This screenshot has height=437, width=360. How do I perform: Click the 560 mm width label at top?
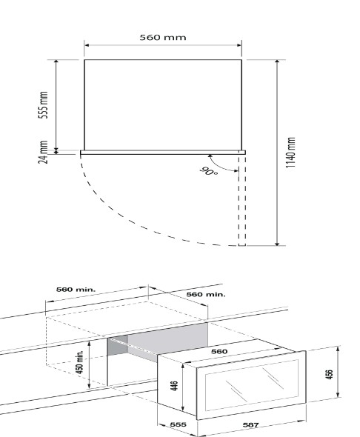(163, 37)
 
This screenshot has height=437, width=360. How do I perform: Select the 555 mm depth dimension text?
(43, 104)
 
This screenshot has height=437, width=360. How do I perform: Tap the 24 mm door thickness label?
(43, 152)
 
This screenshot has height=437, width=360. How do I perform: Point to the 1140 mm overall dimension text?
(290, 153)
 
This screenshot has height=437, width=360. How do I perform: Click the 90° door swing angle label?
(209, 171)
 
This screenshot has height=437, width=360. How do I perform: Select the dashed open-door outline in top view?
(242, 200)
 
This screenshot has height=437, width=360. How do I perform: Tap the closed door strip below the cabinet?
(163, 153)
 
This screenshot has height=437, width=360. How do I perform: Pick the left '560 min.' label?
(76, 290)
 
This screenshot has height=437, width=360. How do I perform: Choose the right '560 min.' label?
(206, 294)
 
